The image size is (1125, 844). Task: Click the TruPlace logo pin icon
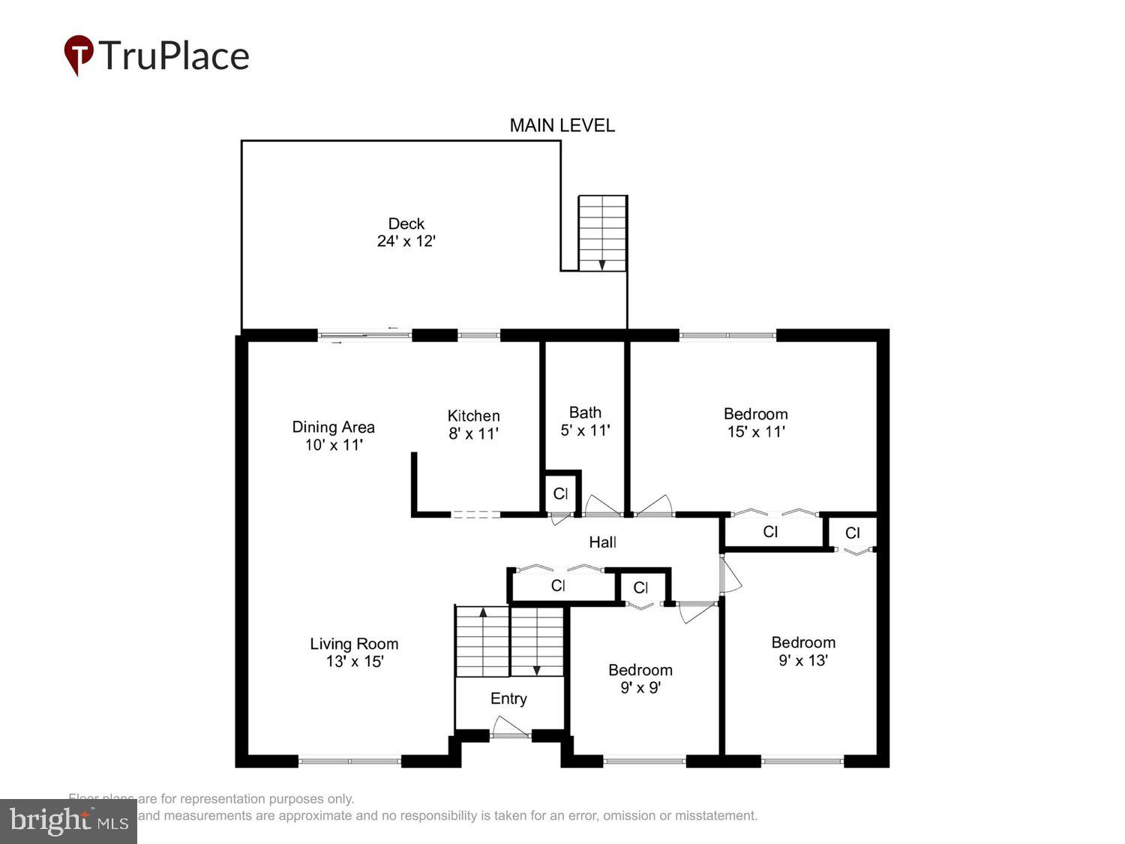click(78, 55)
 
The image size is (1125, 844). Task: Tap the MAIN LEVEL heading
click(562, 125)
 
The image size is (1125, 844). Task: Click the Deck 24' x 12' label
click(406, 233)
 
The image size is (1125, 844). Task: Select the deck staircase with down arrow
click(602, 233)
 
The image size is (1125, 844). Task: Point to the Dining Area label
click(333, 435)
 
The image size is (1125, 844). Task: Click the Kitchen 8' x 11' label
click(473, 425)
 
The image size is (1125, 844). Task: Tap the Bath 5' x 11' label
click(585, 421)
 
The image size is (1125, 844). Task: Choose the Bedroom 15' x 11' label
click(755, 422)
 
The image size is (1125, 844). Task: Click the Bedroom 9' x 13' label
click(803, 651)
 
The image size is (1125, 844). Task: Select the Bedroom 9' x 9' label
click(640, 678)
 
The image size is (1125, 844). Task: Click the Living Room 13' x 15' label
click(354, 652)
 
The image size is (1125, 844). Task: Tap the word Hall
click(602, 542)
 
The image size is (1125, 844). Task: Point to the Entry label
click(508, 698)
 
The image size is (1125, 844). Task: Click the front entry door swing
click(509, 727)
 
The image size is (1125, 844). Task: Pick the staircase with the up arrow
click(482, 642)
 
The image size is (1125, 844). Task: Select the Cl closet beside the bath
click(560, 494)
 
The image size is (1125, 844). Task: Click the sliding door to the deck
click(364, 335)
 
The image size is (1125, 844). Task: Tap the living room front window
click(349, 761)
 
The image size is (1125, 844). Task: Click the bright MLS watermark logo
click(68, 821)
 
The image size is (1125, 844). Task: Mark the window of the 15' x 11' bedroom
click(727, 335)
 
